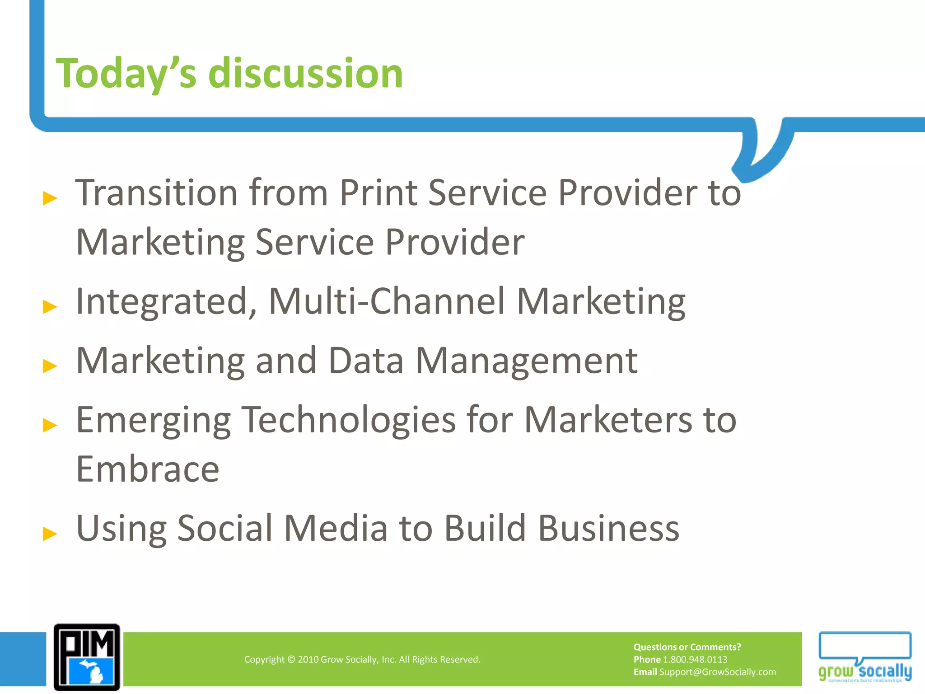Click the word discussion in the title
(305, 74)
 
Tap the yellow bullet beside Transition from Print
(50, 198)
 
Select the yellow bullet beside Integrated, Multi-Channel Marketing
(50, 307)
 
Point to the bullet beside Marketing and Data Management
(50, 366)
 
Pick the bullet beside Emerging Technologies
(50, 425)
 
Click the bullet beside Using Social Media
(50, 533)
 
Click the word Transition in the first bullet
(156, 193)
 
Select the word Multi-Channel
(387, 301)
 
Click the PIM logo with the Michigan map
(87, 657)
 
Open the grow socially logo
(864, 657)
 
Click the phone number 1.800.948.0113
(695, 660)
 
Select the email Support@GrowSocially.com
(717, 672)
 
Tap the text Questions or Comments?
(687, 647)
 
